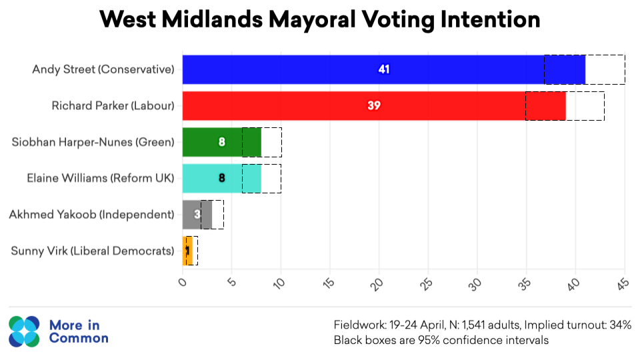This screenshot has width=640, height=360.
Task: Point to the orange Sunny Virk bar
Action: coord(185,251)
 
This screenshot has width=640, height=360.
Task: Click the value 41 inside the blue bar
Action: coord(384,69)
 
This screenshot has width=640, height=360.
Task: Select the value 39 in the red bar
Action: coord(374,105)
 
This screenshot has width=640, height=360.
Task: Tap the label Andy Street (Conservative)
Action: coord(103,69)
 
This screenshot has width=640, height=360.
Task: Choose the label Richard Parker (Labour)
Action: coord(113,105)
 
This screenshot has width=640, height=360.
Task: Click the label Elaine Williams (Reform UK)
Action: coord(100,178)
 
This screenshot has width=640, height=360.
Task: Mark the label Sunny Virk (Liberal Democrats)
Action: coord(93,251)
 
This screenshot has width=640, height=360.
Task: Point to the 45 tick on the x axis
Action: coord(623,283)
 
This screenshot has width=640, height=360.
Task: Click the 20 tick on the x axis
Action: coord(377,283)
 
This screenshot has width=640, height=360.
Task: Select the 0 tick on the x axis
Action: coord(184,281)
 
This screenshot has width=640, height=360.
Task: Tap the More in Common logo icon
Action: coord(25,332)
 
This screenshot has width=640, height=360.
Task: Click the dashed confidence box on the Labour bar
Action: coord(565,105)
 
